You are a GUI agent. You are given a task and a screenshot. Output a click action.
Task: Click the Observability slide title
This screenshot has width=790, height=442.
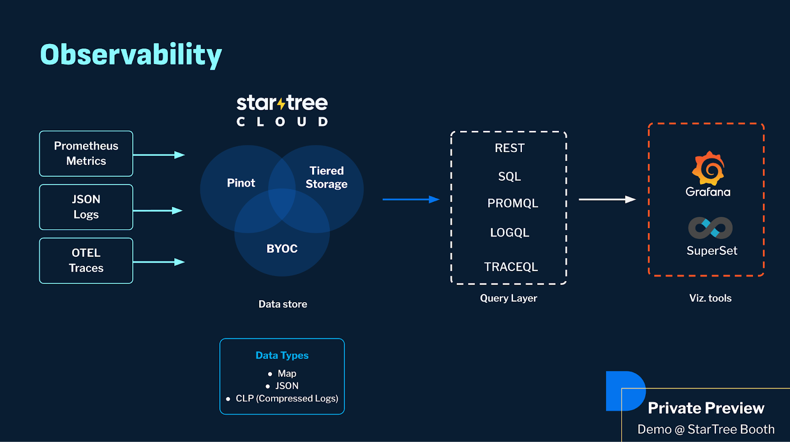coord(131,54)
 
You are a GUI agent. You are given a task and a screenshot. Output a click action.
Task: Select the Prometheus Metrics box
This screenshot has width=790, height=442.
coord(86,154)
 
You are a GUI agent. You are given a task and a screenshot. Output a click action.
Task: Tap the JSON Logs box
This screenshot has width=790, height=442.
coord(86,207)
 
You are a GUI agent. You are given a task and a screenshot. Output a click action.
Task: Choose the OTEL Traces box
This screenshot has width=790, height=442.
coord(86,261)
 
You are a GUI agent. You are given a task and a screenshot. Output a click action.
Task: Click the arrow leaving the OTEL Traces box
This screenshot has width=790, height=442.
coord(159,262)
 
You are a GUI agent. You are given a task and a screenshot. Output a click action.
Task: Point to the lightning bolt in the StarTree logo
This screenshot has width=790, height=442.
coord(281,104)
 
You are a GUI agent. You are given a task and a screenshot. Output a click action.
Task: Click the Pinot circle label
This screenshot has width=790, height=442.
coord(241,183)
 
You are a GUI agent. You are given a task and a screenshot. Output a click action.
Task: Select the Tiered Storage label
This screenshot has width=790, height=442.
coord(326,177)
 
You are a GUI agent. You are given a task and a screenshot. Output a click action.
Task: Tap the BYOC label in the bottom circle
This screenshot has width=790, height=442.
coord(282,249)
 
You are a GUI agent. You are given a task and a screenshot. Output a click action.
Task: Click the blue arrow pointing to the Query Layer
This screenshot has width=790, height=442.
coord(411,200)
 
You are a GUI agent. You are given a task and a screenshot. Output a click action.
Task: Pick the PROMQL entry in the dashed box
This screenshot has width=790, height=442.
coord(513,203)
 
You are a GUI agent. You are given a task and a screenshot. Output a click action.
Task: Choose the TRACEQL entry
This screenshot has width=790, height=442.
coord(511,267)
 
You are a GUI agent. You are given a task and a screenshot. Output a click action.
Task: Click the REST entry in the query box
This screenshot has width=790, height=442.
coord(510,148)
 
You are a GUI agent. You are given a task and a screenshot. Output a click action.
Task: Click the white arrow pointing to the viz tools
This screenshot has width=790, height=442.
coord(607,200)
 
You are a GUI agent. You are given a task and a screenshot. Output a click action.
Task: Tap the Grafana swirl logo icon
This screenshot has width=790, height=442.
coord(708,168)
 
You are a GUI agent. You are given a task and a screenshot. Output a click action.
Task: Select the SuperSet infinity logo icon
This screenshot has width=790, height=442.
coord(711,228)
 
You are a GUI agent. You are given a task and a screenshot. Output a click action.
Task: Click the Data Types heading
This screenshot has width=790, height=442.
coord(282,356)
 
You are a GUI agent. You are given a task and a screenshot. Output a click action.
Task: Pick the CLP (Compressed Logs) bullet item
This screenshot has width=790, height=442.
coord(286,399)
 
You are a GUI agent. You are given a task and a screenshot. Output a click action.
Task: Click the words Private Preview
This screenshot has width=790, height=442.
coord(706,408)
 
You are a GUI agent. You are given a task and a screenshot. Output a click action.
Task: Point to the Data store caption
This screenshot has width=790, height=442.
coord(283,304)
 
